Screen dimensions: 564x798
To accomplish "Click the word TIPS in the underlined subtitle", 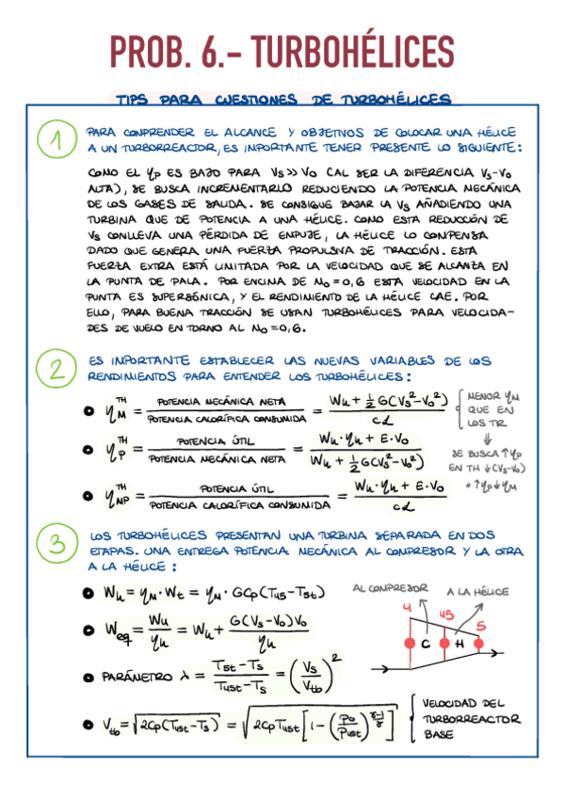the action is click(x=135, y=100).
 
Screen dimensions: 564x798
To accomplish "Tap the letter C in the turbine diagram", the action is click(x=425, y=644).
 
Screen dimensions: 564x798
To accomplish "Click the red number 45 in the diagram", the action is click(x=445, y=614).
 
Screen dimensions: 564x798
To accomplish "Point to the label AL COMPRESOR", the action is click(x=390, y=588).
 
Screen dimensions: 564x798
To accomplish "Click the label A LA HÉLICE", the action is click(x=477, y=591).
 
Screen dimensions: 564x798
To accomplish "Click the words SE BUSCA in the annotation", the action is click(x=471, y=453).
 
